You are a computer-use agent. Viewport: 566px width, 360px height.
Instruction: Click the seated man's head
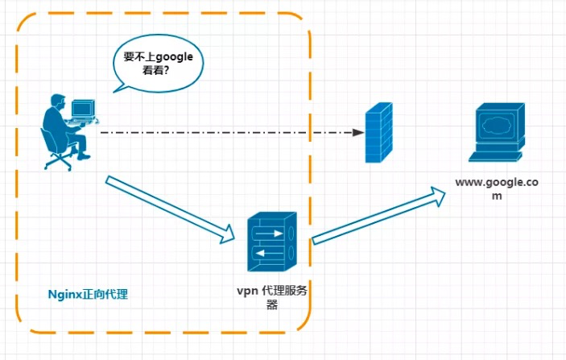coord(59,102)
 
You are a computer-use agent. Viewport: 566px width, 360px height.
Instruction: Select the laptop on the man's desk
coord(83,109)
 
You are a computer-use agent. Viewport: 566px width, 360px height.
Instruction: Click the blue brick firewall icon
coord(379,132)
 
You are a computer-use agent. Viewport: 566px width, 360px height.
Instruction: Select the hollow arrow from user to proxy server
coord(169,208)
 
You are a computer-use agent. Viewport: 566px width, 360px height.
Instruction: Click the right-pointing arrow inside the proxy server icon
coord(268,234)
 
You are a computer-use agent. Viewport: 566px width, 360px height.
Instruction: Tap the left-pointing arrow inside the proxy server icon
coord(268,251)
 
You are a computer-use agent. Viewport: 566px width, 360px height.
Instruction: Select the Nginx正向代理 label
coord(85,294)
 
